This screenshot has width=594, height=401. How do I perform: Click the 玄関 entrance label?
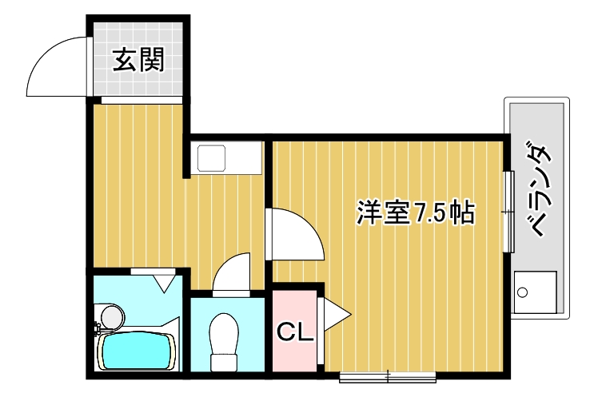[x=138, y=61]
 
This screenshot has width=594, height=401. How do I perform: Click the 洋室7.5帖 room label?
[x=415, y=212]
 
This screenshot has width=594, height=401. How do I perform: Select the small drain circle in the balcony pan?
[x=523, y=292]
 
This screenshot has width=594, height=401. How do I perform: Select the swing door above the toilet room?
[x=234, y=273]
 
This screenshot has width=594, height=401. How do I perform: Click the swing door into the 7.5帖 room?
[x=294, y=233]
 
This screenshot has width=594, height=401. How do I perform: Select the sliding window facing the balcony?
[x=508, y=212]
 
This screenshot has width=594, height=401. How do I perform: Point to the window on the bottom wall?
[x=387, y=374]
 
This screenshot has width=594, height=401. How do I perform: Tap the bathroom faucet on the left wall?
[x=98, y=327]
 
